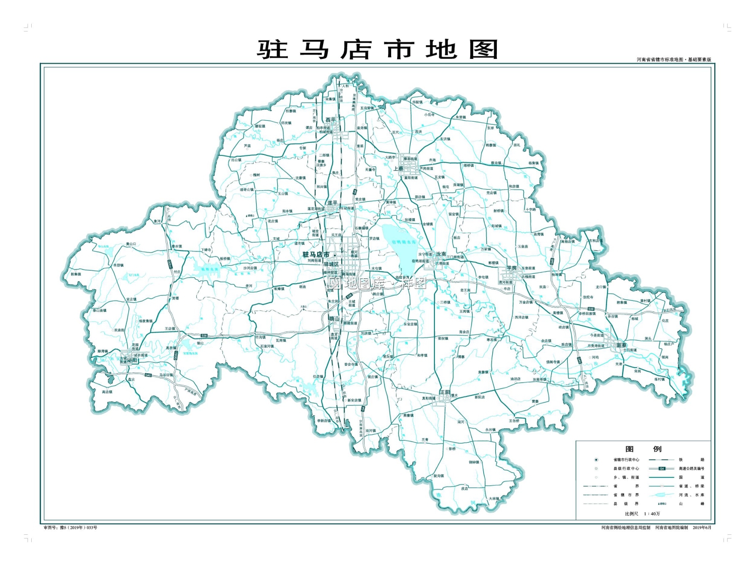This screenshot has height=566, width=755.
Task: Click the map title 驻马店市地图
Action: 377,49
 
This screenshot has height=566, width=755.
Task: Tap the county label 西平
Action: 330,120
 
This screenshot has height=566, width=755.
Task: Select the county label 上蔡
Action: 398,169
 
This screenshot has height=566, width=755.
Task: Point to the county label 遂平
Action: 332,203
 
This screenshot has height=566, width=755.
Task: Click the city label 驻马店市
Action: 316,255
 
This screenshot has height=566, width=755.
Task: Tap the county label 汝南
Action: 441,254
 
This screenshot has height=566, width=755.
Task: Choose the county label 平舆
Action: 511,268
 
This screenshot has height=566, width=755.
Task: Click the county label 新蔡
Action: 622,345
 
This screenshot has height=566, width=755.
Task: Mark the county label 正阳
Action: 444,391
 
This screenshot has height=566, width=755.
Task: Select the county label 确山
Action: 334,319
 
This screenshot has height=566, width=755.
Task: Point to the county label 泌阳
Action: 132,360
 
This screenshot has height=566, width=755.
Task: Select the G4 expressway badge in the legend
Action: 662,468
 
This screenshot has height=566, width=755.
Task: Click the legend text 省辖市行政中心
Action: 626,459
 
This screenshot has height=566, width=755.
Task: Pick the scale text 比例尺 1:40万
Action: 642,514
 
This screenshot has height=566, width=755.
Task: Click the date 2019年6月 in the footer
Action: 702,527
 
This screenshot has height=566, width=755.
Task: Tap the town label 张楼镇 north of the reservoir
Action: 410,220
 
